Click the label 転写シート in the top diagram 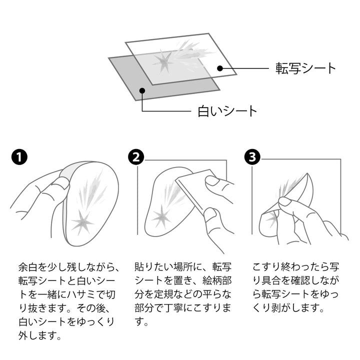[x=305, y=68]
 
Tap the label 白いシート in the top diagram [x=227, y=111]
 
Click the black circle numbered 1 [x=19, y=157]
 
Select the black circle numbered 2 [x=136, y=157]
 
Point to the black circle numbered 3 [x=252, y=157]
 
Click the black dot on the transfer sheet [x=220, y=68]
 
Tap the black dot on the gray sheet [x=142, y=90]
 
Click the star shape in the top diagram [x=163, y=60]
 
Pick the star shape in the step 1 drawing [x=82, y=222]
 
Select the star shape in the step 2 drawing [x=161, y=216]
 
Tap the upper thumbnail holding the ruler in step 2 [x=211, y=180]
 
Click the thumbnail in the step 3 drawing [x=284, y=202]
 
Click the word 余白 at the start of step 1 [x=28, y=267]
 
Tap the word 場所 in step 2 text [x=183, y=267]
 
